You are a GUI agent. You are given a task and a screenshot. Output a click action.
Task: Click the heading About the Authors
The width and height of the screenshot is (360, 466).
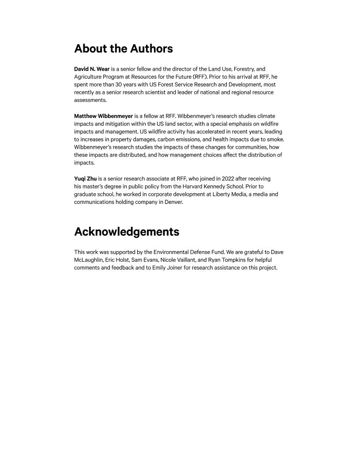tap(124, 49)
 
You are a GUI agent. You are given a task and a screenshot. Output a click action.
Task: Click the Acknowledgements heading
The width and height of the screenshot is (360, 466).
tap(127, 232)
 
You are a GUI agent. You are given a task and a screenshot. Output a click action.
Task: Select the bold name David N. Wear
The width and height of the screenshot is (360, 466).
tap(92, 69)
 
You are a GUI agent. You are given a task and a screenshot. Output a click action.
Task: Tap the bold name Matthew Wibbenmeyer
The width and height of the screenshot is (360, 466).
tap(103, 116)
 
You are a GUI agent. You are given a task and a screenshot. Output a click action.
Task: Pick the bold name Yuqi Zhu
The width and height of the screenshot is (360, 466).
tap(85, 179)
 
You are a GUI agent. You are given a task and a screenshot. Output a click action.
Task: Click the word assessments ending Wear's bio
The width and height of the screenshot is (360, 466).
tap(90, 100)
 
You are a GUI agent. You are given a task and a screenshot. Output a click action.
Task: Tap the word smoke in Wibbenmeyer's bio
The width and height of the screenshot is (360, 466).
tap(275, 139)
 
